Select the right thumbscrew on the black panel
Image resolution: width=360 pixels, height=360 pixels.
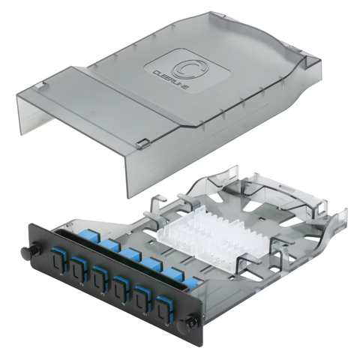192,322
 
